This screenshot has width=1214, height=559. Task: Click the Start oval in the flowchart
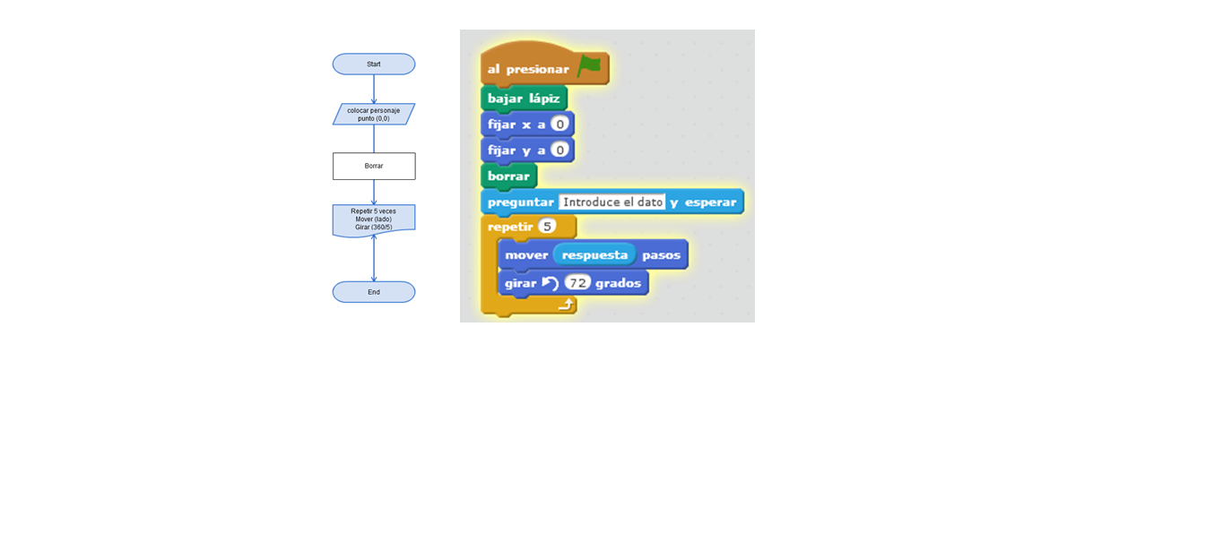pos(374,64)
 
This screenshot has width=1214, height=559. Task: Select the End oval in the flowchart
pos(374,292)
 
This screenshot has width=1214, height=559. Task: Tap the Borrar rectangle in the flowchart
pos(374,166)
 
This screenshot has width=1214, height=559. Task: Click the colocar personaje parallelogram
pos(374,115)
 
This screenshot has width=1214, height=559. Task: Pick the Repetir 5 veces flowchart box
pos(374,219)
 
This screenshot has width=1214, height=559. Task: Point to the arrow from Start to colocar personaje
pos(374,89)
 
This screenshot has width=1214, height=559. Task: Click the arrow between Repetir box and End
pos(374,259)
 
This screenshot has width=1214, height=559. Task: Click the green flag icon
pos(589,66)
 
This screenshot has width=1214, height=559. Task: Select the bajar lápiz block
pos(524,99)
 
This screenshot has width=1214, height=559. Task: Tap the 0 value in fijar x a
pos(560,125)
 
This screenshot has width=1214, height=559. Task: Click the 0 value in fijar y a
pos(560,150)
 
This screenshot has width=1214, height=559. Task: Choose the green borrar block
pos(508,176)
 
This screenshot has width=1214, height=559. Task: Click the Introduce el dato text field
pos(612,202)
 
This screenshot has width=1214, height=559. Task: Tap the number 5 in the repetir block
pos(547,227)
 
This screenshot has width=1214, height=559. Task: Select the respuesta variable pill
pos(594,255)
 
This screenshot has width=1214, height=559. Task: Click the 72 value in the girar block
pos(578,283)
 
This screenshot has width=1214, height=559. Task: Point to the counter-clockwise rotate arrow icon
pos(550,283)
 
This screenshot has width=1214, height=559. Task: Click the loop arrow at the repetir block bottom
pos(565,305)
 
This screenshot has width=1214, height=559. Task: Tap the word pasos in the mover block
pos(661,255)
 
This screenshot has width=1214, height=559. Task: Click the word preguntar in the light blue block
pos(520,202)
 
